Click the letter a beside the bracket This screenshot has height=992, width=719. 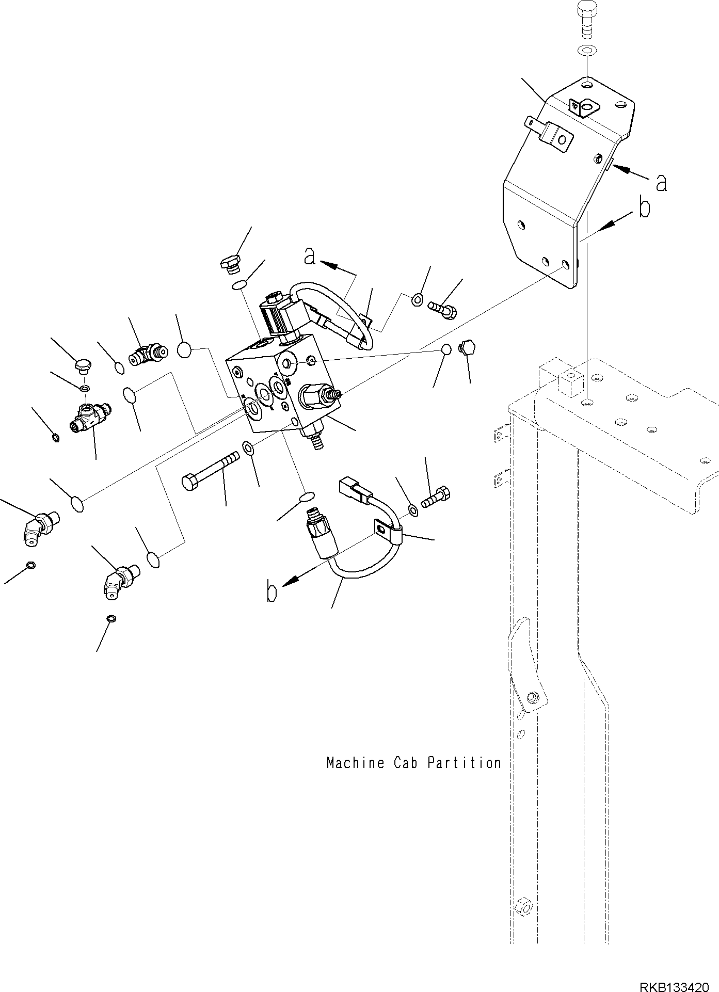pos(661,183)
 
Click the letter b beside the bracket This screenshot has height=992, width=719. pos(644,209)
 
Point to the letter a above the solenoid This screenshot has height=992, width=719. pos(310,256)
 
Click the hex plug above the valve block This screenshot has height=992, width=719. pos(230,262)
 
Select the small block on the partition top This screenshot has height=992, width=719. pos(557,379)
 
